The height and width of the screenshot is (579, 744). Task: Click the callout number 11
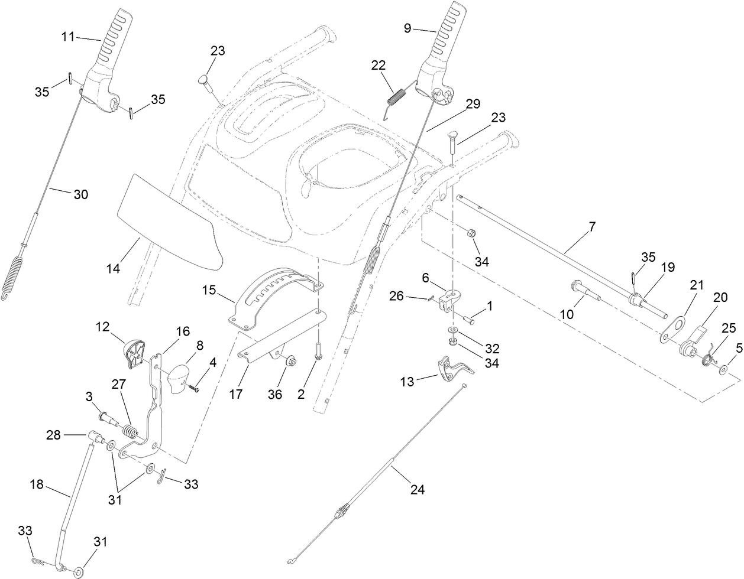point(68,37)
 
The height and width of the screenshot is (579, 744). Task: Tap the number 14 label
point(113,268)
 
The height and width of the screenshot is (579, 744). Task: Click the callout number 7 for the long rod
point(592,226)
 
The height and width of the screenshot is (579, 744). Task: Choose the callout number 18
point(37,484)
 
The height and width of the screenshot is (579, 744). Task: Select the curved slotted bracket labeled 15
point(278,295)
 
